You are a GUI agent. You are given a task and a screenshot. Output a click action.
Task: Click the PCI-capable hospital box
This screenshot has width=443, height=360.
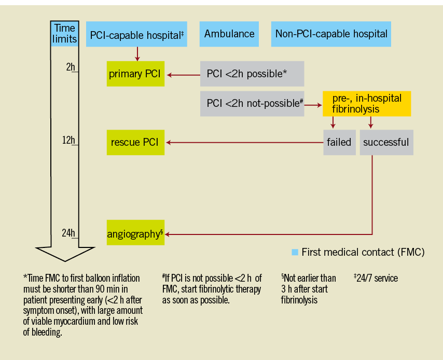click(x=137, y=34)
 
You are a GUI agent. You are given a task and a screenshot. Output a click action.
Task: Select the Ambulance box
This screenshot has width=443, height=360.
click(x=229, y=34)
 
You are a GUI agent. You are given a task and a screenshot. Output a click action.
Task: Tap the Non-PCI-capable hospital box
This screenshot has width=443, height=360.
click(x=331, y=34)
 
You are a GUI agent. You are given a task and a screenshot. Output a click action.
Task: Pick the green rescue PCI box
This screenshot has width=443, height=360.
click(x=136, y=142)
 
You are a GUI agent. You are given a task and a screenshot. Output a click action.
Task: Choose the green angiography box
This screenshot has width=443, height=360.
click(x=135, y=233)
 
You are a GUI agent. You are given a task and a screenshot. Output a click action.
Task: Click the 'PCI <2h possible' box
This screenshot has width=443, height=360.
click(x=252, y=74)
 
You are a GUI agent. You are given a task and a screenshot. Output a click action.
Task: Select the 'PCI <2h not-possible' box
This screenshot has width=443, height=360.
click(x=252, y=103)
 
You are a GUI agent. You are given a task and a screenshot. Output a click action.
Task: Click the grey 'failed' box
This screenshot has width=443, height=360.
click(x=339, y=142)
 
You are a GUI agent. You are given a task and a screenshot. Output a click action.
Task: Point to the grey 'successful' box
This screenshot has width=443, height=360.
click(x=386, y=142)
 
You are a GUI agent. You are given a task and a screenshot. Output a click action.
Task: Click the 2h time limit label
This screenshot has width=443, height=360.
click(x=71, y=67)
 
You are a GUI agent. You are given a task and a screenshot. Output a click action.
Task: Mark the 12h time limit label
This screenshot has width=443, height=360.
click(x=68, y=140)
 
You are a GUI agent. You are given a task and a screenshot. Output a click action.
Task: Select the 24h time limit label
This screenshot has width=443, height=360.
click(x=68, y=233)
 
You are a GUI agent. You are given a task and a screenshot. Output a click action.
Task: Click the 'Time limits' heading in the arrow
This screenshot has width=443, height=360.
click(x=64, y=34)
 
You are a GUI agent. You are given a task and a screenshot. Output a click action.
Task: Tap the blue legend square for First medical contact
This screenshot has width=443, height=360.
click(x=295, y=253)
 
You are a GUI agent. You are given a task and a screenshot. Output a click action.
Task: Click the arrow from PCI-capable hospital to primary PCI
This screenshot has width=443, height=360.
click(x=137, y=54)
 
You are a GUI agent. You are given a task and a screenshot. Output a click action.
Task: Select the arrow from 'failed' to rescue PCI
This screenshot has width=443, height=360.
click(x=244, y=142)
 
